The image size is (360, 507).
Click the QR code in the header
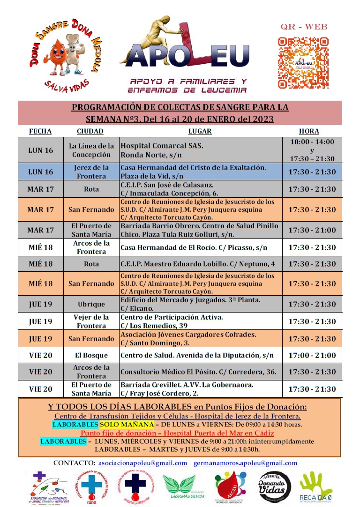[x=303, y=62]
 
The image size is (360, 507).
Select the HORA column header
[x=309, y=131]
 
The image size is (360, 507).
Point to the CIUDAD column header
[x=90, y=131]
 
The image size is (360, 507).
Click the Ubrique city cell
[x=91, y=304]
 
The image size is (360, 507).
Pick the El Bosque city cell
[x=91, y=355]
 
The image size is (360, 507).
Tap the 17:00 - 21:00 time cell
[x=312, y=355]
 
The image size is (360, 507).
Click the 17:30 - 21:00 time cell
[x=312, y=230]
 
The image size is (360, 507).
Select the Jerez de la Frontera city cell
[x=91, y=171]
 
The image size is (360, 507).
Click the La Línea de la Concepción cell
[x=91, y=150]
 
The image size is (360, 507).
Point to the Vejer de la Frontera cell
[x=91, y=321]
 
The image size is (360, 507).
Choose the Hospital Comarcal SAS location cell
[x=201, y=150]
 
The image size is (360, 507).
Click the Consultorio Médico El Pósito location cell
[x=198, y=372]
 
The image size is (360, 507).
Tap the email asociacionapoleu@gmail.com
[x=142, y=463]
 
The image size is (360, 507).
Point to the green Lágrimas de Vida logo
[x=180, y=486]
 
